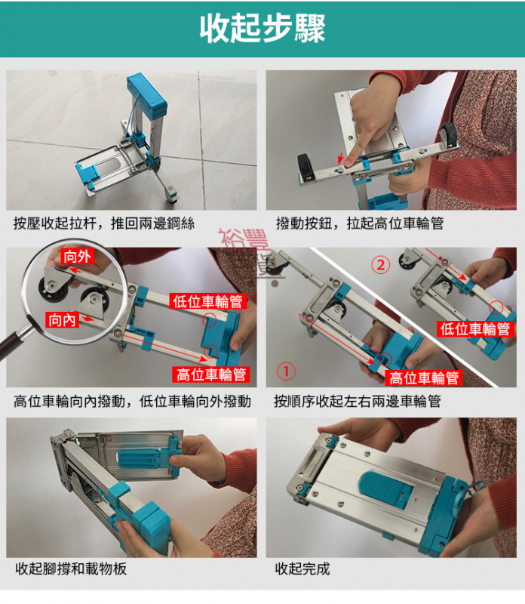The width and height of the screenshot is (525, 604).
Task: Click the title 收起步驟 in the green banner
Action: coord(262,29)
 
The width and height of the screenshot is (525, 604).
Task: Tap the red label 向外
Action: coord(77,257)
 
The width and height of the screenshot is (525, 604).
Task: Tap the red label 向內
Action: coord(62,320)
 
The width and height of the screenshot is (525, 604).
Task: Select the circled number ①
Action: coord(287,371)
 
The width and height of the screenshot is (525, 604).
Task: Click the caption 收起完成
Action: coord(302,569)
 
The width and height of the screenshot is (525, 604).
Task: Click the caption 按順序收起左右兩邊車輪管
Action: coord(358,401)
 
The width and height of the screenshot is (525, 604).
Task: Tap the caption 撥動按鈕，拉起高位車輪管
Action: coord(360,223)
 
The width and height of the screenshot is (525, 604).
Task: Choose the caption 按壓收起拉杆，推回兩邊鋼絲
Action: coord(104,223)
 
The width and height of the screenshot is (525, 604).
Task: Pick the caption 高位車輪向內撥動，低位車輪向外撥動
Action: coord(132,401)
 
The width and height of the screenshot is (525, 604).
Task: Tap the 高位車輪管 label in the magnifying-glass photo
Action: coord(211,374)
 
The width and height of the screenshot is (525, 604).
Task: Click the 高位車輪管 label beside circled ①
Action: coord(422,378)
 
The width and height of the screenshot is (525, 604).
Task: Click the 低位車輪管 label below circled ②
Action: coord(475,328)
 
